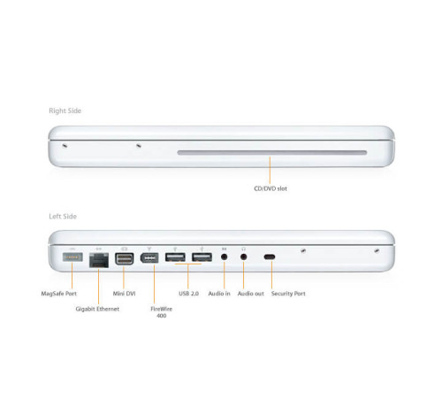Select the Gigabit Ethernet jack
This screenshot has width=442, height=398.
point(97,259)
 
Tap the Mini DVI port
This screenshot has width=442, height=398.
point(124,259)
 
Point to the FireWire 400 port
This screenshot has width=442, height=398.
point(149,259)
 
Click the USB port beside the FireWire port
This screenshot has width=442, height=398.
point(174,258)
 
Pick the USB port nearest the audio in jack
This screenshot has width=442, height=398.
point(202,258)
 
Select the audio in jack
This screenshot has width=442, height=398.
point(225,258)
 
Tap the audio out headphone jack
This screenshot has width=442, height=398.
point(243,258)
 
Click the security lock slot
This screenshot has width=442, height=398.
point(270,258)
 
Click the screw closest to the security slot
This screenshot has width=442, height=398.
point(302,251)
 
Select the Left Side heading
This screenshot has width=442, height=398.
point(64,216)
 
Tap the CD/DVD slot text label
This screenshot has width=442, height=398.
point(271,188)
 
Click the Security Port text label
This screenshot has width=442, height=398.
point(289,293)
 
